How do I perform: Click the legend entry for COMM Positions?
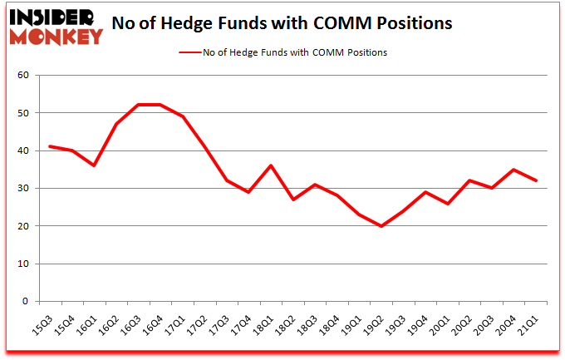point(282,52)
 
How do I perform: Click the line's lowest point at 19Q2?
point(381,226)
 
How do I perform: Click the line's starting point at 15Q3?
point(50,146)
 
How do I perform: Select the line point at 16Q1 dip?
point(94,165)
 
